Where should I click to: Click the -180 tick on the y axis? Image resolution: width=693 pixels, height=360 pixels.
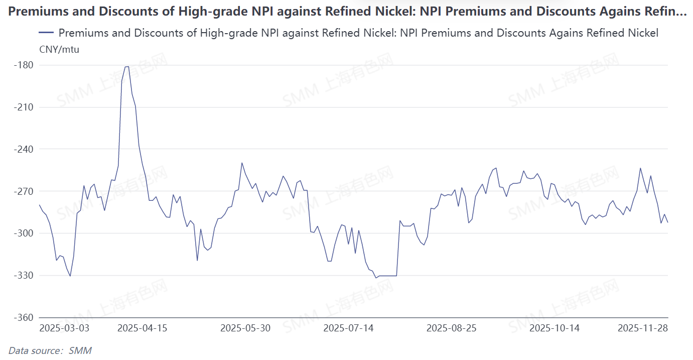coord(23,65)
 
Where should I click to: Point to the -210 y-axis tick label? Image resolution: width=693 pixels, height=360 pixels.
coord(23,107)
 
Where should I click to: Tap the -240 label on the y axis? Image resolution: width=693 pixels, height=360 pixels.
coord(23,150)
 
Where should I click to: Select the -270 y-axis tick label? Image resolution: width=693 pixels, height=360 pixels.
coord(23,191)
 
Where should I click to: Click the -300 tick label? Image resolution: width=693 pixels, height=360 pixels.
coord(23,233)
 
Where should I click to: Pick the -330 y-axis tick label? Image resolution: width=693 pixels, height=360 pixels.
coord(23,276)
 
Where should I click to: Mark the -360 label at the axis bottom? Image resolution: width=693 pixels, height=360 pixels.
coord(23,318)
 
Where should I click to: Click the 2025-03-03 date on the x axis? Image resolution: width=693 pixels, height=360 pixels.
coord(64,328)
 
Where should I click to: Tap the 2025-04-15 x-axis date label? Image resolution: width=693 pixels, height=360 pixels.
coord(142,328)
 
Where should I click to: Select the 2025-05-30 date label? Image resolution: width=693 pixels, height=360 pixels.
coord(245,328)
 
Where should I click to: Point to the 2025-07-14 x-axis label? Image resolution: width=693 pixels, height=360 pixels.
coord(348,328)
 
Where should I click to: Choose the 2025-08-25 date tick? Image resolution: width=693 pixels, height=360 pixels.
coord(452,328)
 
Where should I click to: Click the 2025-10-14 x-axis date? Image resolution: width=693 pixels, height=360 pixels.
coord(555,328)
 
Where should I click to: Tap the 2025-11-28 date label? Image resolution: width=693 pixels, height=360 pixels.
coord(643,328)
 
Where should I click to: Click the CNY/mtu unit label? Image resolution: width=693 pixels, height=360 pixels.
coord(59,49)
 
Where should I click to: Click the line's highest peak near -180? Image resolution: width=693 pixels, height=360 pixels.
coord(127,67)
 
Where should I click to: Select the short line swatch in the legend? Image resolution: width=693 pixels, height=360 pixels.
coord(46,33)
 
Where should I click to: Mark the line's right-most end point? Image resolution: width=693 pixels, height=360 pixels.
coord(668,222)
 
